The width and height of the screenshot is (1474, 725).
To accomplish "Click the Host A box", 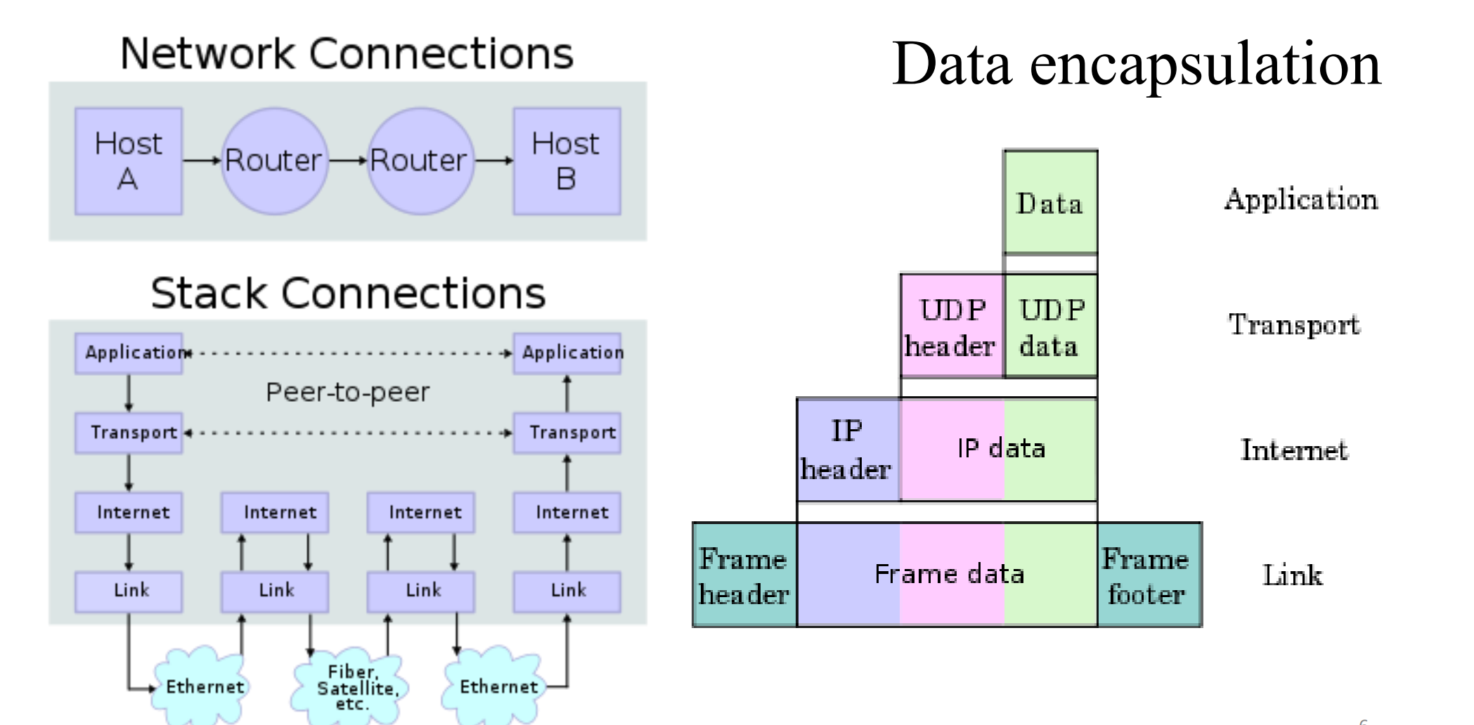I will (x=129, y=161).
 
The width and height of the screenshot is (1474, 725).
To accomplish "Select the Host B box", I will (x=567, y=161).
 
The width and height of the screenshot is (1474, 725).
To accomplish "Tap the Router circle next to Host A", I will (x=273, y=161).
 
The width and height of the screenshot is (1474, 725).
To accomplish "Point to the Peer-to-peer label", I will (x=347, y=392).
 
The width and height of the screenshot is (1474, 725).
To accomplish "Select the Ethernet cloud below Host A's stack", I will (x=203, y=685).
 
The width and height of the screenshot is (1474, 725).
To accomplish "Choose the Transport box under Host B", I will (x=567, y=432).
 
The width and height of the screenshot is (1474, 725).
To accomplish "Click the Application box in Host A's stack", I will (x=129, y=353).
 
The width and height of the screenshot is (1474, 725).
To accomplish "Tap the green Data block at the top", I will (x=1050, y=203).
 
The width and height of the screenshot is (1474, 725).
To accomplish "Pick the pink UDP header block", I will (x=952, y=327).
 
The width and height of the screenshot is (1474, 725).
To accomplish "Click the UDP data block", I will (x=1051, y=327).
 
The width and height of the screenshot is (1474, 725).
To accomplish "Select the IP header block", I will (x=848, y=450).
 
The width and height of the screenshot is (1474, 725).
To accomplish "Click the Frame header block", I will (x=744, y=575).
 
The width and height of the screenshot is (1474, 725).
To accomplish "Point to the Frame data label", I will (x=949, y=575).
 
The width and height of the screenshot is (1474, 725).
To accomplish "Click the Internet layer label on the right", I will (x=1293, y=450).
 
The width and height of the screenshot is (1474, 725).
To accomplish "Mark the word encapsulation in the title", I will (x=1205, y=65).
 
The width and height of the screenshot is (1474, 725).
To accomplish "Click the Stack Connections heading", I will (x=348, y=293).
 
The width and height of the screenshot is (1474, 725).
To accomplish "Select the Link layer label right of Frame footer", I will (x=1292, y=575).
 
